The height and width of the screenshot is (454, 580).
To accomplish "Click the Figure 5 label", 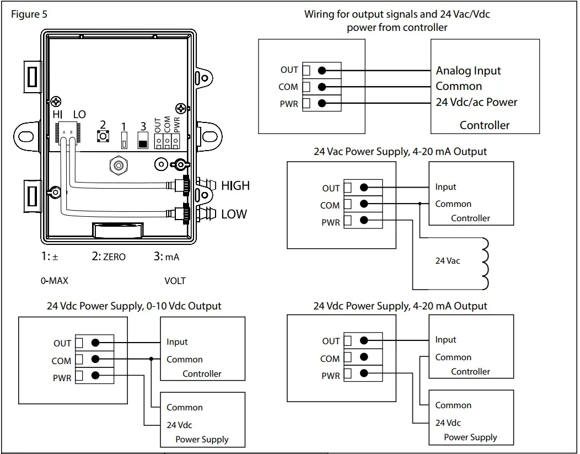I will pos(29,14).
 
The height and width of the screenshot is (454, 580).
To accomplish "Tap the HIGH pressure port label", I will pos(235,186).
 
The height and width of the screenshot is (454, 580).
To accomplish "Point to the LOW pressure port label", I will pos(234,214).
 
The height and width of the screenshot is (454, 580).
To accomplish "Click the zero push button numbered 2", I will pos(103,136).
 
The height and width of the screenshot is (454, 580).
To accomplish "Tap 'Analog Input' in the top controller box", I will pos(468,71).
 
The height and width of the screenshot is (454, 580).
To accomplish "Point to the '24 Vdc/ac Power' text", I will pos(476,102).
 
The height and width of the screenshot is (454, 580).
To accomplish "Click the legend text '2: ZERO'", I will pos(109,257).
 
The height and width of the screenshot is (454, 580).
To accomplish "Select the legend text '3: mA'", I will pos(167,257).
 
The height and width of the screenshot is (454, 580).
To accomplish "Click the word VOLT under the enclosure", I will pos(175,281).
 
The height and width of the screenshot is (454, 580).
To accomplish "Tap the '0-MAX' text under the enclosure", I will pos(55,281).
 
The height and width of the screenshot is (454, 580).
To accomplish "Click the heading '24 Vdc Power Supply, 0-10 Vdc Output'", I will pos(134,306).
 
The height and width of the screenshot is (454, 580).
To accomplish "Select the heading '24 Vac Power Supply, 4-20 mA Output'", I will pos(400,151).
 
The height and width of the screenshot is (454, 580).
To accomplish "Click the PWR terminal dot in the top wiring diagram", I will pos(322,103).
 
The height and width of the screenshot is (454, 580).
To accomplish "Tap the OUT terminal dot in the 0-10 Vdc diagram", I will pos(95,343).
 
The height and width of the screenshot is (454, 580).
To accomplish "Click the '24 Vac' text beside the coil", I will pos(447,260).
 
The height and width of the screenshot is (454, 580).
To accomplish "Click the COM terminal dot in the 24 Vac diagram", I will pos(363,204).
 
